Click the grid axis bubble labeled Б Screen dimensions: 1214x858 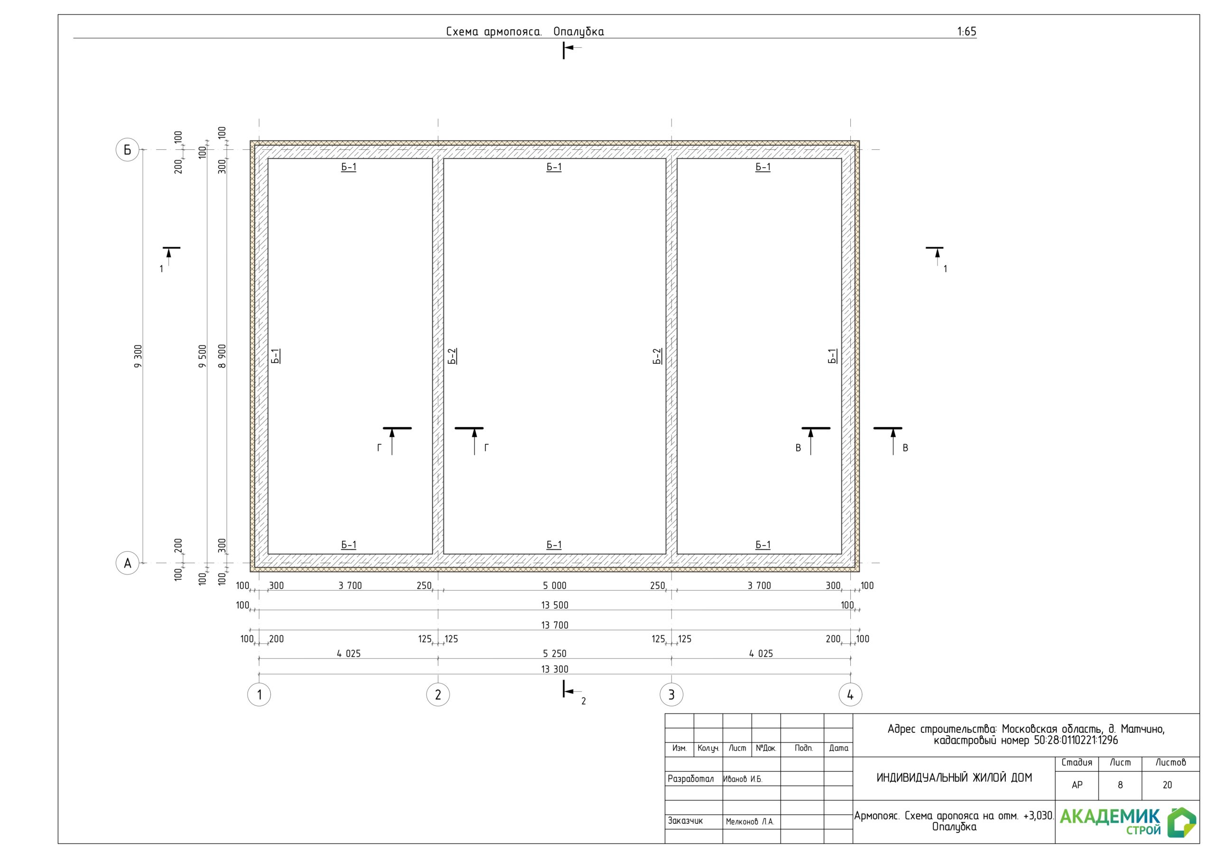tap(128, 150)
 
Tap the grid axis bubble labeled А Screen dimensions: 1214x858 tap(128, 563)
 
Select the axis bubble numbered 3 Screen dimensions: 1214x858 tap(671, 694)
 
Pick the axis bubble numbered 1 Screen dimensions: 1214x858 tap(259, 694)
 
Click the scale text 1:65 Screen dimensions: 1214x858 tap(966, 32)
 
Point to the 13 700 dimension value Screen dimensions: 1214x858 tap(555, 625)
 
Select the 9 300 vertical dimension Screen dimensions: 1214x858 tap(138, 356)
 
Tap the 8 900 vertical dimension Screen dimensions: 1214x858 tap(222, 356)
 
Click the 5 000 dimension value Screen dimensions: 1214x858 tap(555, 585)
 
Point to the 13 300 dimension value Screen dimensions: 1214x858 tap(555, 669)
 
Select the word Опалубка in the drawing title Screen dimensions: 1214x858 tap(579, 32)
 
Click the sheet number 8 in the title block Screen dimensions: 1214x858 tap(1120, 785)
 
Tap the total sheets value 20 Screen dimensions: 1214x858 tap(1168, 785)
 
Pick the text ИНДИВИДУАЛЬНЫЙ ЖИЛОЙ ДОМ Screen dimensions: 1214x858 tap(955, 777)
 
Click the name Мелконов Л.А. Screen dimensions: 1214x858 tap(750, 821)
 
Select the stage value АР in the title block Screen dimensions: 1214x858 tap(1077, 785)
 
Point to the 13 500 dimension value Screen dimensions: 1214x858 tap(555, 605)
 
